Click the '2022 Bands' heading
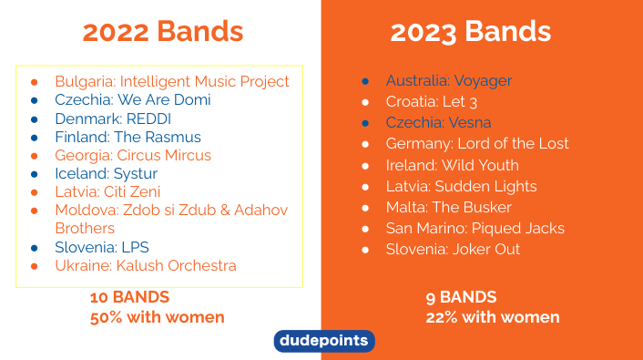pyautogui.click(x=162, y=32)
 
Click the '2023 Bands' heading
pyautogui.click(x=470, y=32)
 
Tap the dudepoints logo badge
pyautogui.click(x=323, y=341)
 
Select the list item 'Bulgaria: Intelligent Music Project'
pyautogui.click(x=172, y=82)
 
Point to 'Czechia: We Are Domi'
pyautogui.click(x=133, y=100)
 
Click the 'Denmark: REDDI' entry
pyautogui.click(x=113, y=119)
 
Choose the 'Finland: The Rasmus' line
pyautogui.click(x=128, y=138)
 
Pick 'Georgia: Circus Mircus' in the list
pyautogui.click(x=133, y=156)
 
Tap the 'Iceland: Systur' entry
pyautogui.click(x=107, y=174)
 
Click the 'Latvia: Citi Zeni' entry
pyautogui.click(x=107, y=192)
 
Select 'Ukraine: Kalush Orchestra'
pyautogui.click(x=146, y=266)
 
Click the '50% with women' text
pyautogui.click(x=157, y=317)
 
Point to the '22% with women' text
pyautogui.click(x=492, y=317)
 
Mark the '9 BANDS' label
pyautogui.click(x=461, y=298)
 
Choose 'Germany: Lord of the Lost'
pyautogui.click(x=477, y=144)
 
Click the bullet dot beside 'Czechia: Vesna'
pyautogui.click(x=365, y=123)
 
